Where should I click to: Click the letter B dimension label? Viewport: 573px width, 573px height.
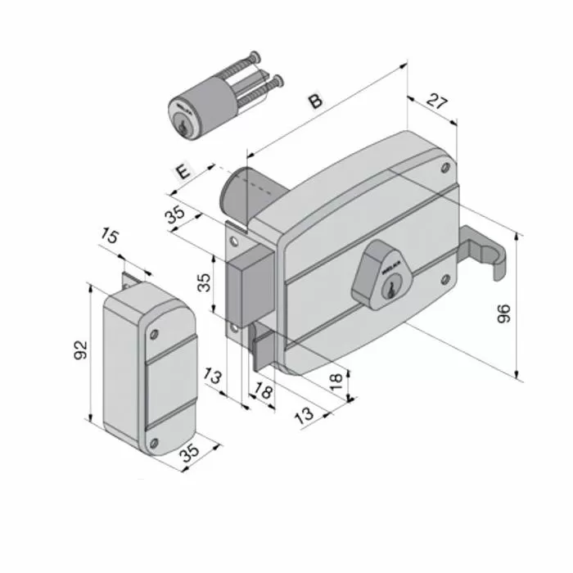point(315,102)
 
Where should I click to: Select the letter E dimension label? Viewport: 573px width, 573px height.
point(184,172)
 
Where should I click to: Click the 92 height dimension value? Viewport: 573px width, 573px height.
point(80,350)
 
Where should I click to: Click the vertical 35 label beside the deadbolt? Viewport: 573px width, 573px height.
point(206,282)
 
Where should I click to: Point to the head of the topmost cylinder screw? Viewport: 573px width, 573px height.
point(256,56)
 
